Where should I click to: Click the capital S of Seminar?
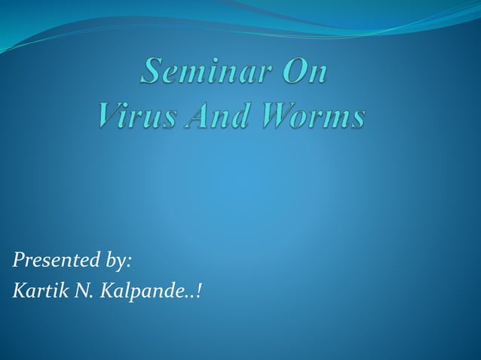pos(153,74)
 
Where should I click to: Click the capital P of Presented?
pos(18,261)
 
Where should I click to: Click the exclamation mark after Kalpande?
pos(198,291)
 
